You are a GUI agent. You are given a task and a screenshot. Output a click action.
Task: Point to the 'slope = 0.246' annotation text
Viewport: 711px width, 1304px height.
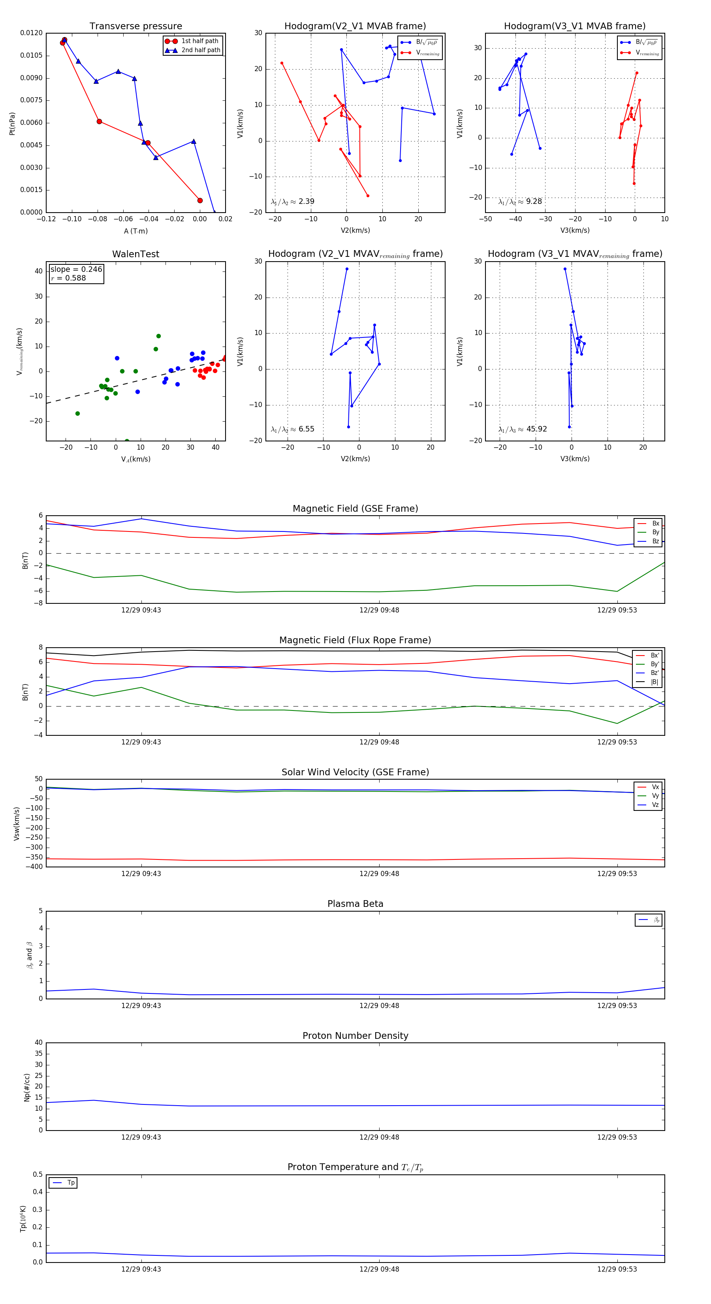76,269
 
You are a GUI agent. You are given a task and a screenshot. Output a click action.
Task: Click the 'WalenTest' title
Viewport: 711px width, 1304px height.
135,254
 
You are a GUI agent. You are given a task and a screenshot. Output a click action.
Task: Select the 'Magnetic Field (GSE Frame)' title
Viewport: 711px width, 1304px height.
355,509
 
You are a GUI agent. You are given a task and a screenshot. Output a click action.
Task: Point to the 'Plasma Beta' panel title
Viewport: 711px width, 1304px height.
355,904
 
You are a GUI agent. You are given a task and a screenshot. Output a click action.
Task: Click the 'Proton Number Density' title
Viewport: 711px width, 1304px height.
355,1036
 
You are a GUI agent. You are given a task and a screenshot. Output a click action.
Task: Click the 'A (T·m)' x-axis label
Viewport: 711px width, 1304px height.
135,231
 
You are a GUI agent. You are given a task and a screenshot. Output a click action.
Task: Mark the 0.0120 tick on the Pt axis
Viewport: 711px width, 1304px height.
31,33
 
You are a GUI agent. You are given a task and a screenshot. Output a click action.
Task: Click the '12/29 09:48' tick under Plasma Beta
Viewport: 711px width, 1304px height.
379,1006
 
